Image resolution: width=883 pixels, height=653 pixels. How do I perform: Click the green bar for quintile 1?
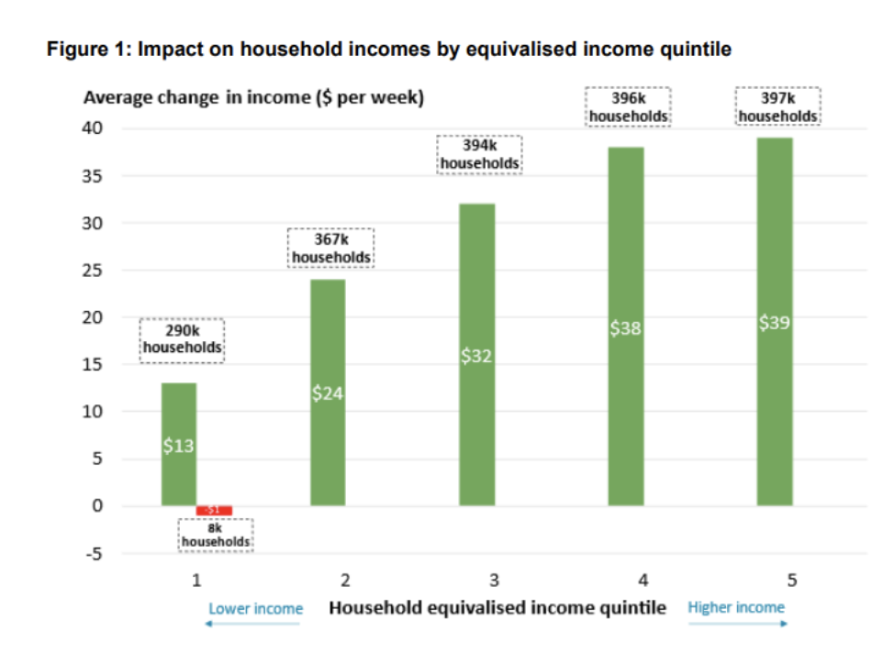click(x=179, y=444)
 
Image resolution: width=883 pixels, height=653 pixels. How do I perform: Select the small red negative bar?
click(x=214, y=510)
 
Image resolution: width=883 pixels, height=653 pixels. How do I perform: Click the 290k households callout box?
click(x=183, y=341)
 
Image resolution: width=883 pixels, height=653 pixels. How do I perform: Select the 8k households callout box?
click(x=216, y=536)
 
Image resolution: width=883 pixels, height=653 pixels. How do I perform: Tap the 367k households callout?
click(x=332, y=249)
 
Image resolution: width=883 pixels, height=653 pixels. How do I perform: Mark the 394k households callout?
click(x=479, y=155)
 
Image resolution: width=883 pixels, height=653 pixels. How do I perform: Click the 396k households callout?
click(x=629, y=106)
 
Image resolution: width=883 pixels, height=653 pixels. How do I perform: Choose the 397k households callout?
click(x=778, y=106)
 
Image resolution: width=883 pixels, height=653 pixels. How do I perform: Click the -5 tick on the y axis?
click(x=95, y=553)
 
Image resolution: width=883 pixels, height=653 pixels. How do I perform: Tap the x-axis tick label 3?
click(x=494, y=580)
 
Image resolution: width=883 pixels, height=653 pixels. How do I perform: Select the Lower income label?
click(x=255, y=608)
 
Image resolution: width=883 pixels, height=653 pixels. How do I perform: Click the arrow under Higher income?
click(x=738, y=624)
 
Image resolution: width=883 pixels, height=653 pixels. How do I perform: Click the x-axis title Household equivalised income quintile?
click(x=497, y=607)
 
